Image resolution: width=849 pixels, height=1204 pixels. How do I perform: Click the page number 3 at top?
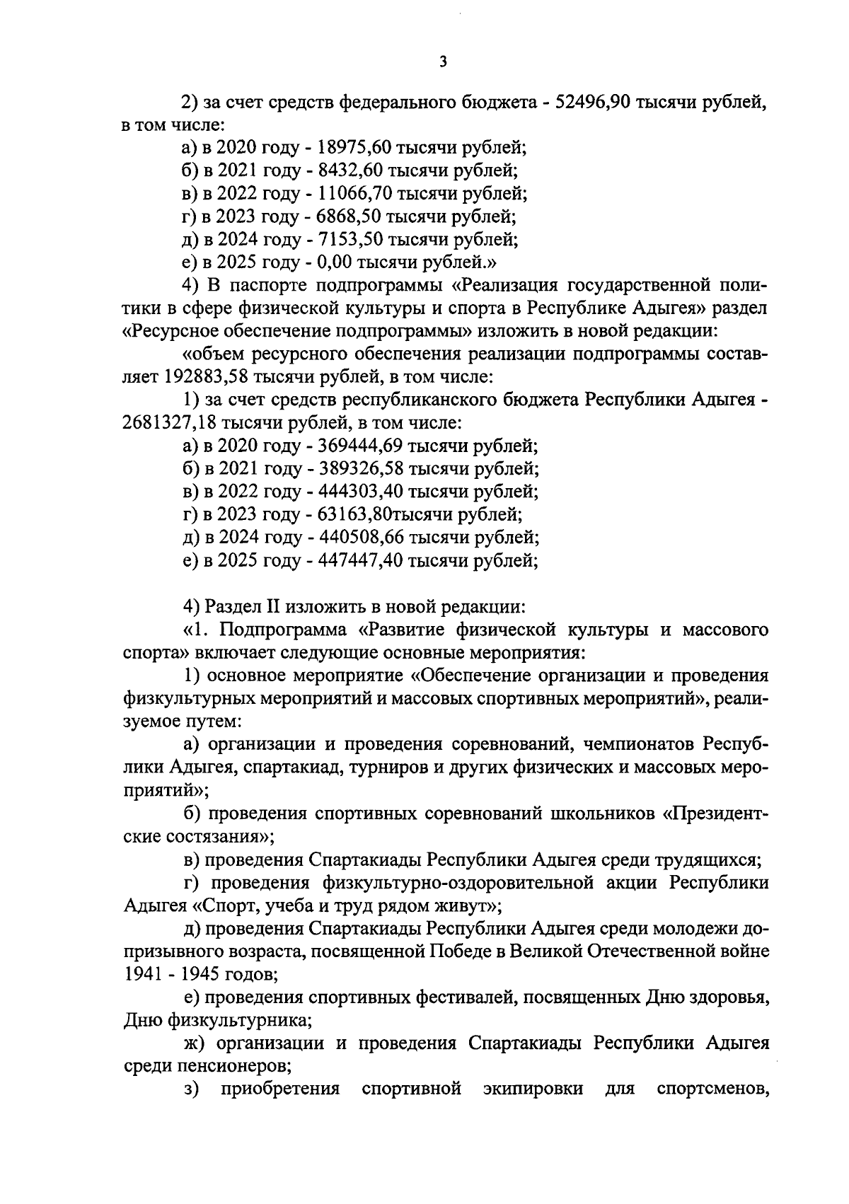coord(443,62)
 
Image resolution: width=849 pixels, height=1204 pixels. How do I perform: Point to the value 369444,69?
coord(359,446)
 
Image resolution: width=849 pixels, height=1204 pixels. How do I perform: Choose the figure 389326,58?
coord(359,469)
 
